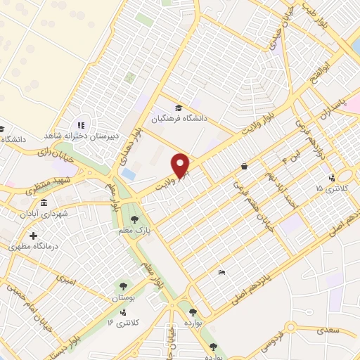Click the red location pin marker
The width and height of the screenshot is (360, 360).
[181, 165]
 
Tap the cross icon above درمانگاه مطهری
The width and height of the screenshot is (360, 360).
[32, 236]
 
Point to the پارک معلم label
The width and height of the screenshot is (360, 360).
[156, 221]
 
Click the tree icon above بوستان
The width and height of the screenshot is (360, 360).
[124, 286]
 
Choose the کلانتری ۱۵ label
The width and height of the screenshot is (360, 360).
[330, 188]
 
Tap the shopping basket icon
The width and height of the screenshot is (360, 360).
[243, 167]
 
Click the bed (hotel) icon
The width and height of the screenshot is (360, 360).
[221, 272]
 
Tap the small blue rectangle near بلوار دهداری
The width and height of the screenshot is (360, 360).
[129, 173]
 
